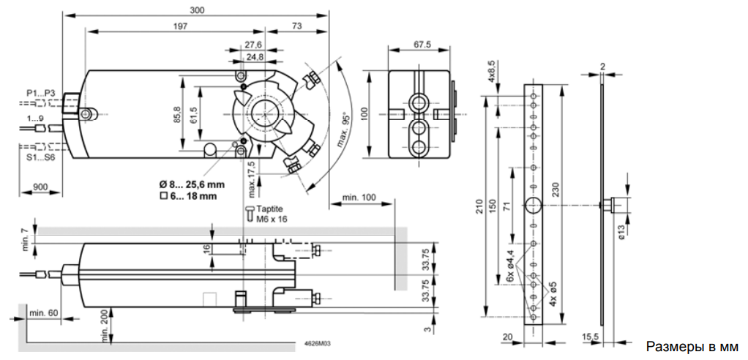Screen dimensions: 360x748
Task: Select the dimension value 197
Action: pos(180,27)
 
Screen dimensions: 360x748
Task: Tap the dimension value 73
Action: pos(297,27)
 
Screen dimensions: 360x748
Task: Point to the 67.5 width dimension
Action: pos(422,45)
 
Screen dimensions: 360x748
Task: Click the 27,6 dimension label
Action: pos(254,46)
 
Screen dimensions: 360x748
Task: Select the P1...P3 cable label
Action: pos(41,93)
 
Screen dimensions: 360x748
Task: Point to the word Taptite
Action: pos(269,209)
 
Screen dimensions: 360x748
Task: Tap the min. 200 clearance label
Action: pos(107,324)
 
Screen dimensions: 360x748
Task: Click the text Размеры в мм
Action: pos(692,345)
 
